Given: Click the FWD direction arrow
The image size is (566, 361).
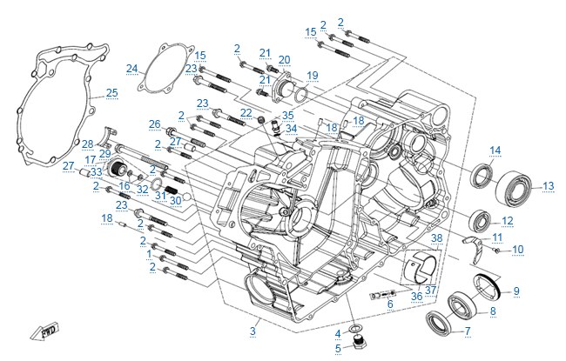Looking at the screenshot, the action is pyautogui.click(x=44, y=331).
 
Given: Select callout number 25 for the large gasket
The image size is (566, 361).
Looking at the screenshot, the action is pyautogui.click(x=112, y=93).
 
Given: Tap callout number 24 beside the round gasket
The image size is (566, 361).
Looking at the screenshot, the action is pyautogui.click(x=132, y=69).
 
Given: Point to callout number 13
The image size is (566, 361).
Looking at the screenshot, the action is pyautogui.click(x=549, y=186).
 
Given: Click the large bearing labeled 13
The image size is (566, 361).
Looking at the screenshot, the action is pyautogui.click(x=515, y=188).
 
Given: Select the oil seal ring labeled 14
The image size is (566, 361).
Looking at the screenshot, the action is pyautogui.click(x=482, y=176).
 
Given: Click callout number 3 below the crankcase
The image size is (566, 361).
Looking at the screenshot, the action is pyautogui.click(x=253, y=331).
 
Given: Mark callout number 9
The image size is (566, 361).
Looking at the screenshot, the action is pyautogui.click(x=516, y=291).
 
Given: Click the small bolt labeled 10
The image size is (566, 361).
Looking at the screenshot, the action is pyautogui.click(x=496, y=250).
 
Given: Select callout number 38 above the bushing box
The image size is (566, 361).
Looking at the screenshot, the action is pyautogui.click(x=437, y=238).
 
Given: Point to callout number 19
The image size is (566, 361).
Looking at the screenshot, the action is pyautogui.click(x=313, y=76).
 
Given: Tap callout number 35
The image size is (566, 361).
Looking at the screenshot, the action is pyautogui.click(x=287, y=116).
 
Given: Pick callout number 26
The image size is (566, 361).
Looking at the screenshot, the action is pyautogui.click(x=154, y=124).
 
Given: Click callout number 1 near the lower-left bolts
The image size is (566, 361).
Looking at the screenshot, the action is pyautogui.click(x=150, y=254).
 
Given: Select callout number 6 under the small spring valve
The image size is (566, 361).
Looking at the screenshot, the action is pyautogui.click(x=390, y=304).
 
